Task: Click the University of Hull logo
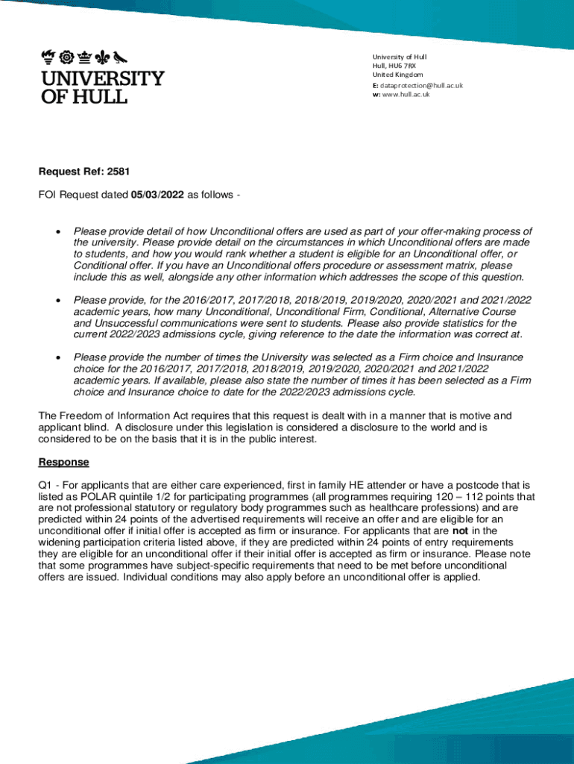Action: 102,77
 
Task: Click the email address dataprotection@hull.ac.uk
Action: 422,85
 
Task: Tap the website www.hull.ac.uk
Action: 406,95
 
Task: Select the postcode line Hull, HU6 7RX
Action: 396,66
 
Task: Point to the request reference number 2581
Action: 119,172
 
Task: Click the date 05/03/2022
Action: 157,195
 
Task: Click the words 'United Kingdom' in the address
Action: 397,75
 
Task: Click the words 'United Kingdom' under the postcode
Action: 397,75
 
